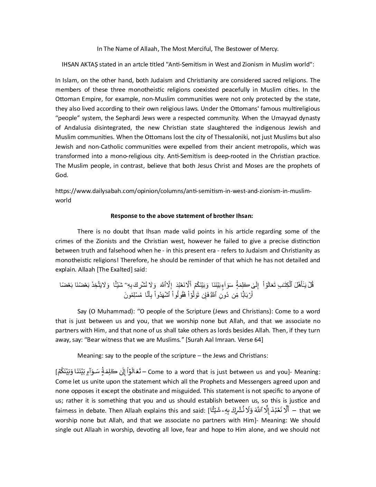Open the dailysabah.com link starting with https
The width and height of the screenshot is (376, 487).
point(183,191)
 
